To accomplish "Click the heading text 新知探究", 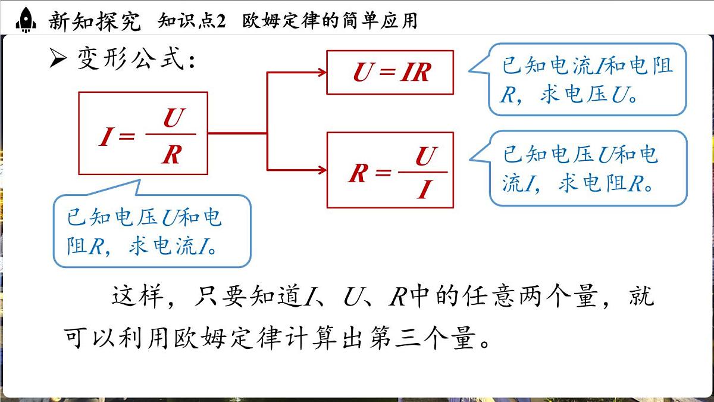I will pos(95,21).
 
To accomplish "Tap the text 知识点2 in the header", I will pos(192,21).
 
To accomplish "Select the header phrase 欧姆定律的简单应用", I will pos(330,21).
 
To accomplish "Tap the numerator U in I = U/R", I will pos(171,119).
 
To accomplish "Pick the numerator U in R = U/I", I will pos(423,157).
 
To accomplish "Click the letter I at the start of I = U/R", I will pos(106,138).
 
